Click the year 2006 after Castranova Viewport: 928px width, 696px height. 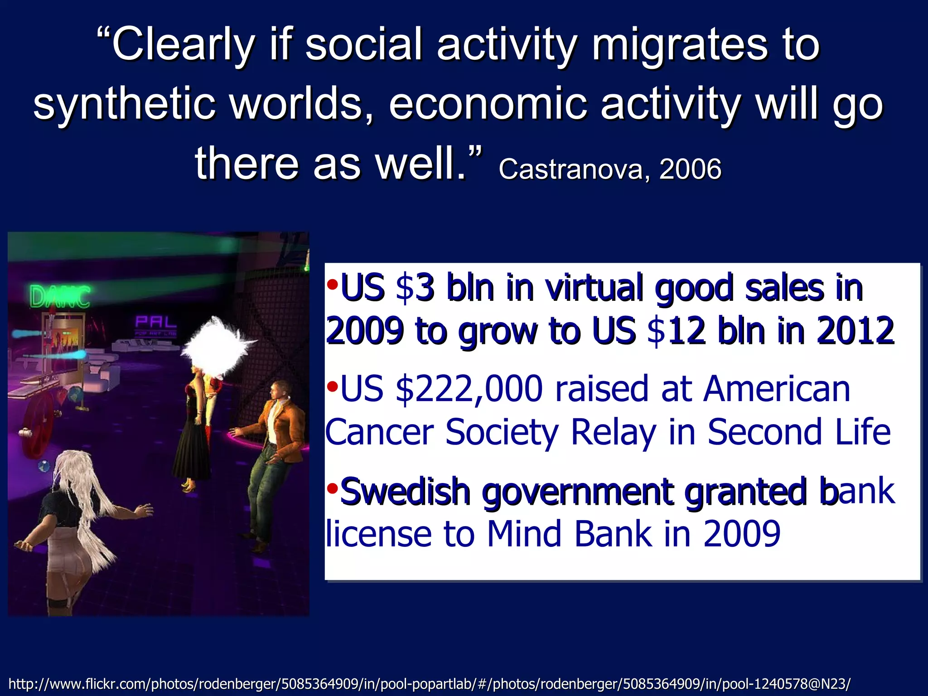[690, 169]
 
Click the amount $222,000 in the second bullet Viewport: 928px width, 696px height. [469, 389]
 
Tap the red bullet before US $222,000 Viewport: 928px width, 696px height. [332, 387]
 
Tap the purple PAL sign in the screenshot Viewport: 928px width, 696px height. [155, 322]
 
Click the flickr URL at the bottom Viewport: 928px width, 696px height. [429, 683]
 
